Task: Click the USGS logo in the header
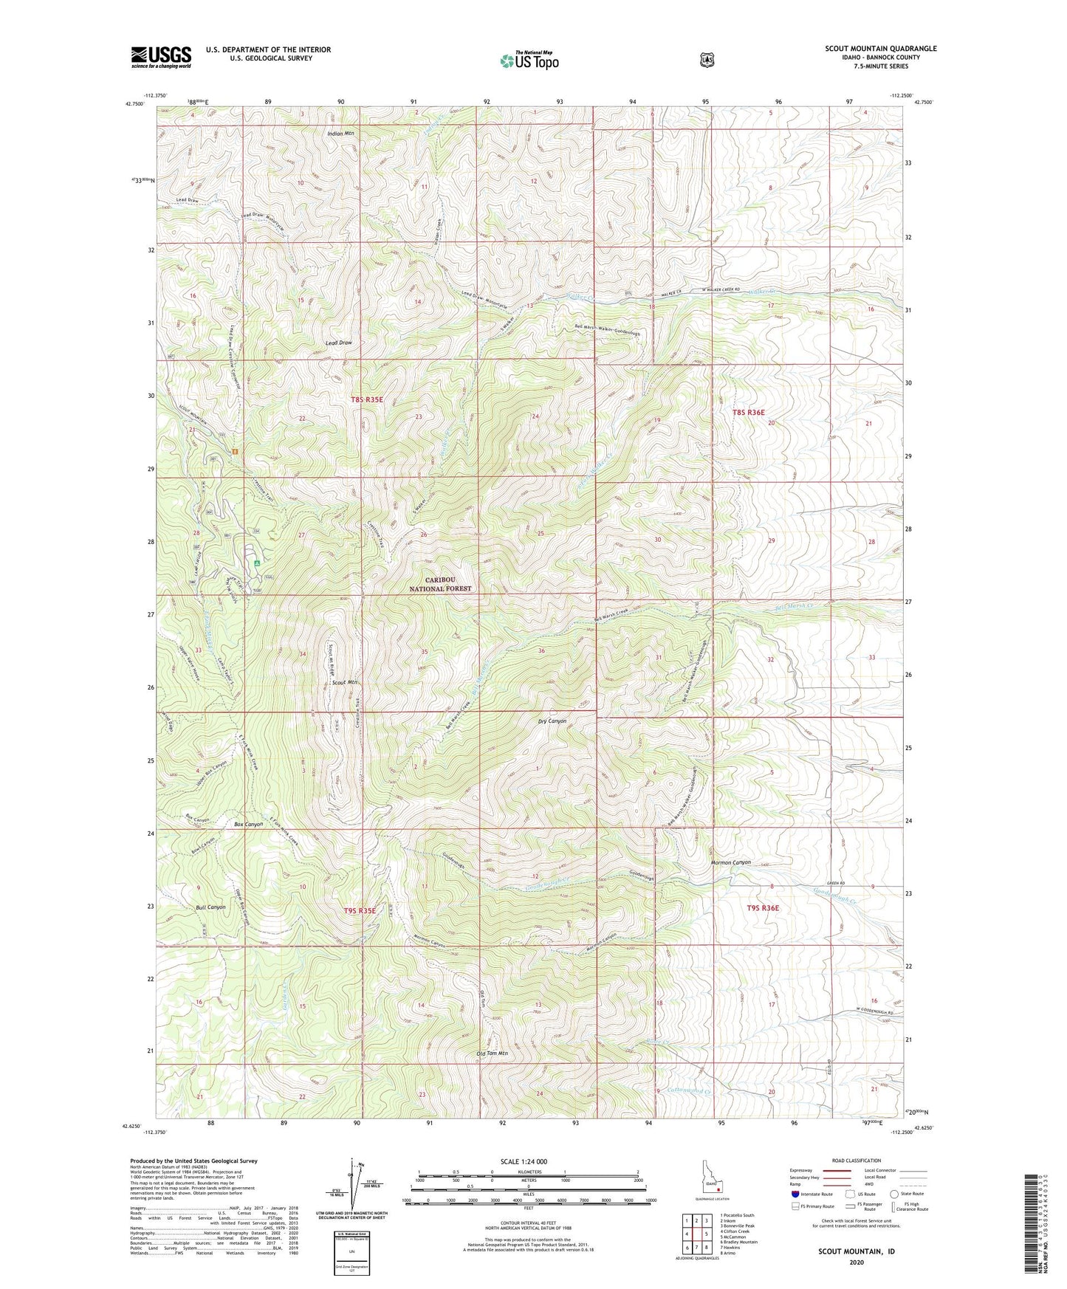coord(161,56)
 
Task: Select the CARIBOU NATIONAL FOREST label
coord(440,585)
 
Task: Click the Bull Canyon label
coord(210,907)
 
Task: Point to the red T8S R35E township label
coord(367,399)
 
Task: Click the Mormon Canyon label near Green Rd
coord(730,862)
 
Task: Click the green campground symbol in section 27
coord(257,563)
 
